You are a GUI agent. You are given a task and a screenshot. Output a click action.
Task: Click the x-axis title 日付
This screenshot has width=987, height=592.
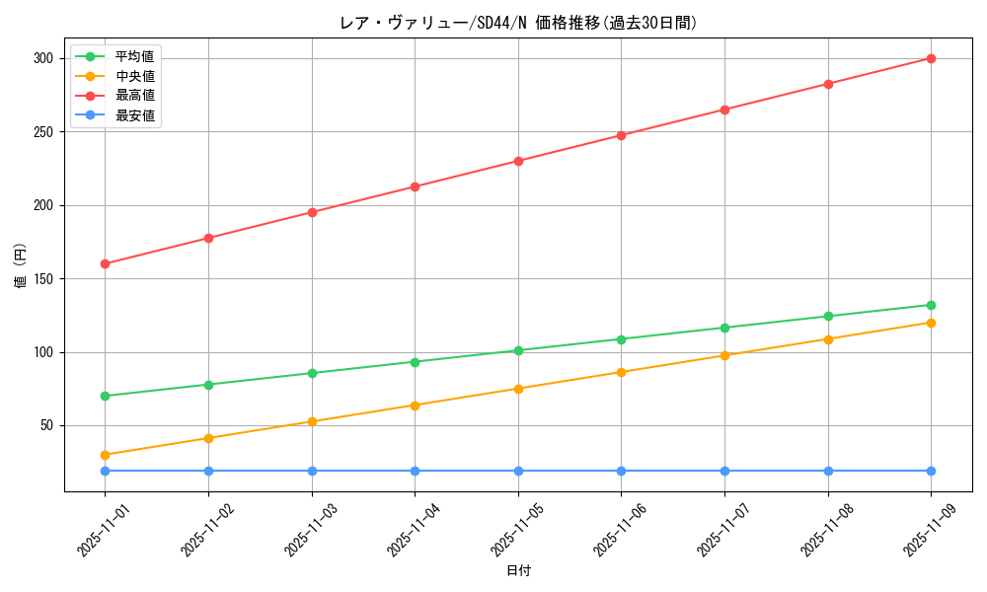518,571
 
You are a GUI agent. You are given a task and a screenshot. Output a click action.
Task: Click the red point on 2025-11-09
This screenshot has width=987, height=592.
931,58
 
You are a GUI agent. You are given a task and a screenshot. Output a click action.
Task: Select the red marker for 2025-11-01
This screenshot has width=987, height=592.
105,263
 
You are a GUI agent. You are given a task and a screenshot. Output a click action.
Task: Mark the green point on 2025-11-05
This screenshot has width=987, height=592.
518,350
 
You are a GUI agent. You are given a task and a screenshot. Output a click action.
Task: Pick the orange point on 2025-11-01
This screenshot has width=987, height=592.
105,455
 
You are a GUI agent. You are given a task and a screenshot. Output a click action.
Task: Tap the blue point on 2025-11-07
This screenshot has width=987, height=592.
724,471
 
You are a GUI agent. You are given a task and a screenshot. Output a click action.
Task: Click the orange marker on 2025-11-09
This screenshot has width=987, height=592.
931,323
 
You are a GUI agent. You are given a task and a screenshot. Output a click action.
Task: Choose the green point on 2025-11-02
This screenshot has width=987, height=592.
208,385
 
